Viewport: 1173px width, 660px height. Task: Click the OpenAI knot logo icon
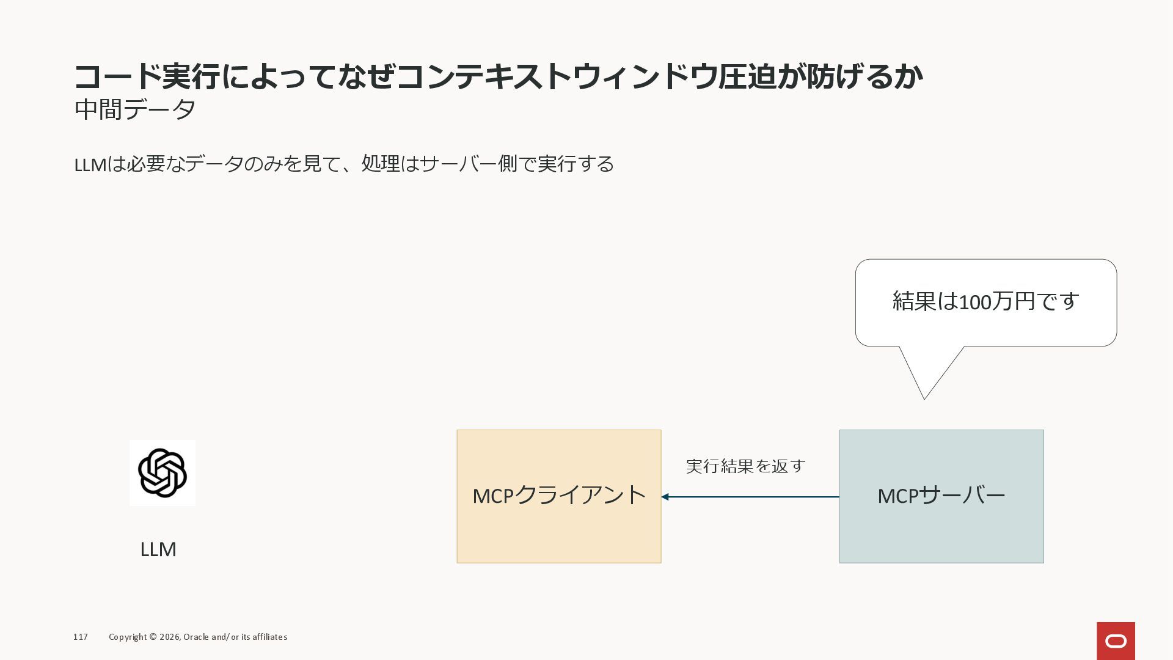(162, 473)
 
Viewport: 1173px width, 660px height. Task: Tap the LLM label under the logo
(158, 549)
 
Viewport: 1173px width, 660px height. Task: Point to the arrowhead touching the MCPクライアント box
(665, 497)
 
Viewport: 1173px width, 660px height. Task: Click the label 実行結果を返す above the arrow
(745, 466)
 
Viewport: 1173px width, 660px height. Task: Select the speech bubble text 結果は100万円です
(985, 301)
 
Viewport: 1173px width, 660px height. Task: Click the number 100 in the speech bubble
(974, 302)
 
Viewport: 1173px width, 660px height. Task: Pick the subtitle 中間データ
(135, 110)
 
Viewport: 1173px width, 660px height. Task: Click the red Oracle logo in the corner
(1116, 641)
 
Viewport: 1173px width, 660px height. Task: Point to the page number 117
(81, 637)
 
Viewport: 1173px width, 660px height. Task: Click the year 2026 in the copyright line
(169, 637)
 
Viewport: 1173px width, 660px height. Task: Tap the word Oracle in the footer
(196, 637)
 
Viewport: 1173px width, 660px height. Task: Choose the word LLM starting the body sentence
(90, 164)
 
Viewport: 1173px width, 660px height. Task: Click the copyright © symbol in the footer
(153, 637)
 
